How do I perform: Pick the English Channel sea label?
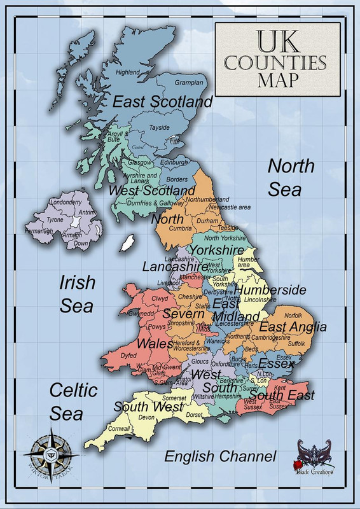pos(220,456)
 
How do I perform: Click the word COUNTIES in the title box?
pos(275,63)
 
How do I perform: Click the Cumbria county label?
pos(180,228)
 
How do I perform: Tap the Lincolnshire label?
pos(258,299)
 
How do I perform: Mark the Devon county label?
pos(146,417)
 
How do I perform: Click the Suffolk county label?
pos(298,344)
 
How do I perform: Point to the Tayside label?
pos(159,128)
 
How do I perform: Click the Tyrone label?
pos(56,220)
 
